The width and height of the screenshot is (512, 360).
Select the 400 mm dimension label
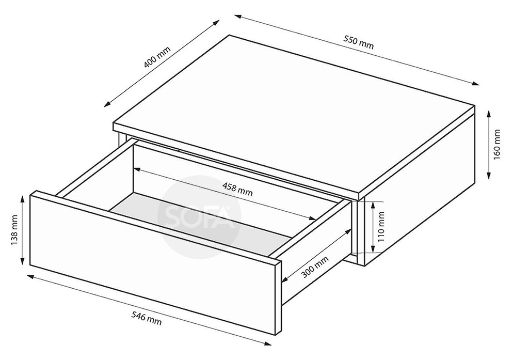click(x=157, y=57)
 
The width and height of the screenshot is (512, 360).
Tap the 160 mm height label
click(x=497, y=145)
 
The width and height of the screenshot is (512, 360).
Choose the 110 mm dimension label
click(x=381, y=227)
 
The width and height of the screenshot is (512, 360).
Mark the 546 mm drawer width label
click(x=147, y=318)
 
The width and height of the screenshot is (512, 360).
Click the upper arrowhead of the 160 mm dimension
click(x=489, y=114)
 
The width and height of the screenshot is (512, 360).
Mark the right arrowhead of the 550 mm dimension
click(x=476, y=84)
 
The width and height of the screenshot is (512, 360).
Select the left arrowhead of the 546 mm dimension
click(x=30, y=277)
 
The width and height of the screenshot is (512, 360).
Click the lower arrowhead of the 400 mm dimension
click(x=107, y=104)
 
